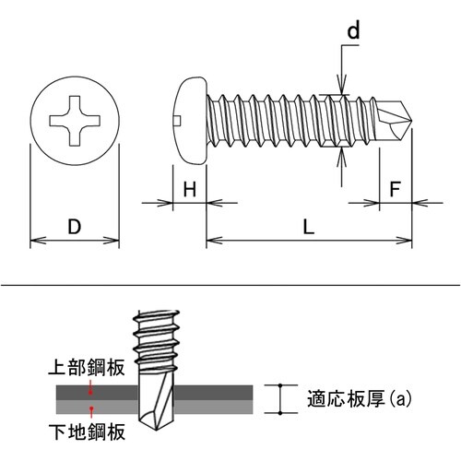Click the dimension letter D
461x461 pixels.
[x=75, y=227]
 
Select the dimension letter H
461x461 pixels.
[x=190, y=189]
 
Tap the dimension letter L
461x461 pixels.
[x=309, y=227]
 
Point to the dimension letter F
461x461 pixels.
[x=395, y=189]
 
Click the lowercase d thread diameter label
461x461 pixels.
[x=353, y=30]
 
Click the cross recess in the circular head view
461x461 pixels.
[x=75, y=121]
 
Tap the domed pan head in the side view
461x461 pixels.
[x=189, y=121]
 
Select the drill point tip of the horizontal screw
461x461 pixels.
[x=411, y=120]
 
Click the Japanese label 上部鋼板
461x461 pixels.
[x=87, y=367]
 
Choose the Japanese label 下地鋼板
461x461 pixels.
[x=87, y=431]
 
